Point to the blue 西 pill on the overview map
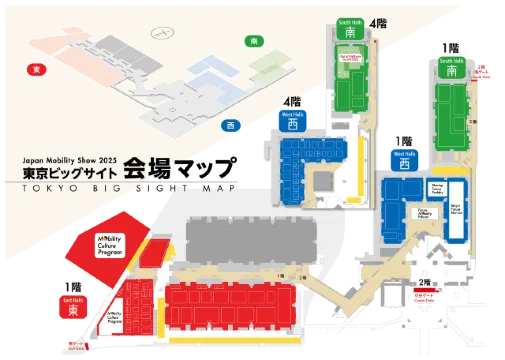231,125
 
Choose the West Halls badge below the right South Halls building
405,157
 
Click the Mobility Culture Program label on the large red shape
108,244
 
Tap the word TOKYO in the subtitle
45,187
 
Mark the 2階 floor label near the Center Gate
425,281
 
